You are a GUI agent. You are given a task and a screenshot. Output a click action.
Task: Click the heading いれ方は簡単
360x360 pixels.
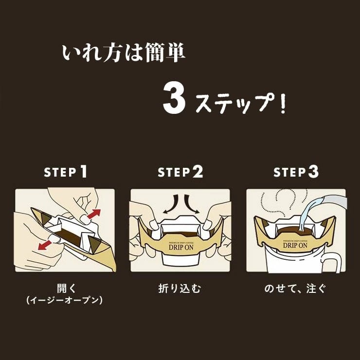click(x=124, y=54)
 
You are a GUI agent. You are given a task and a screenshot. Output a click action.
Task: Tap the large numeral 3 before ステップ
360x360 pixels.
click(x=174, y=99)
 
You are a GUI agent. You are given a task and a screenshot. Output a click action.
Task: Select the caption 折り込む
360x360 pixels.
click(x=180, y=288)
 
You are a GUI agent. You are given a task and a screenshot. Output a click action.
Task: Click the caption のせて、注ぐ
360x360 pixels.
click(x=296, y=288)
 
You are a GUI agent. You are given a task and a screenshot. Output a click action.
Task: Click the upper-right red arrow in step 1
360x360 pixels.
click(x=94, y=214)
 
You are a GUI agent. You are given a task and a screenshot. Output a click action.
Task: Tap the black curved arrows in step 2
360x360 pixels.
click(x=180, y=204)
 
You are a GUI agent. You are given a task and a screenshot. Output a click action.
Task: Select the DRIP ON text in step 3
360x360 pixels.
click(x=296, y=245)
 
